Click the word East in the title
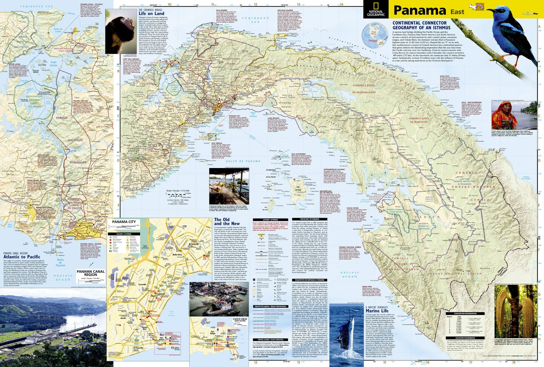coord(457,12)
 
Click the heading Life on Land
coord(151,13)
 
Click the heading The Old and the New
coord(227,221)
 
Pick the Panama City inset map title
coord(124,222)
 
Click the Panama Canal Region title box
coord(91,273)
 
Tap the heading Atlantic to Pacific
coord(22,257)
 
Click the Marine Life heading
coord(377,311)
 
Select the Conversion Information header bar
coord(465,313)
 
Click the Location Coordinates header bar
coord(465,338)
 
